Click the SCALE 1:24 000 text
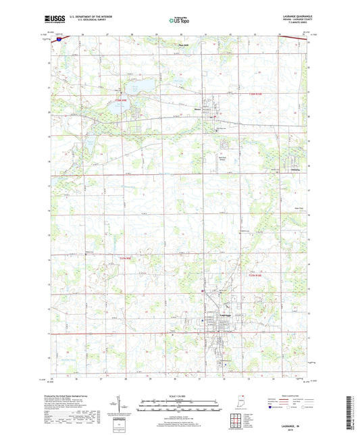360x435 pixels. coord(180,396)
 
